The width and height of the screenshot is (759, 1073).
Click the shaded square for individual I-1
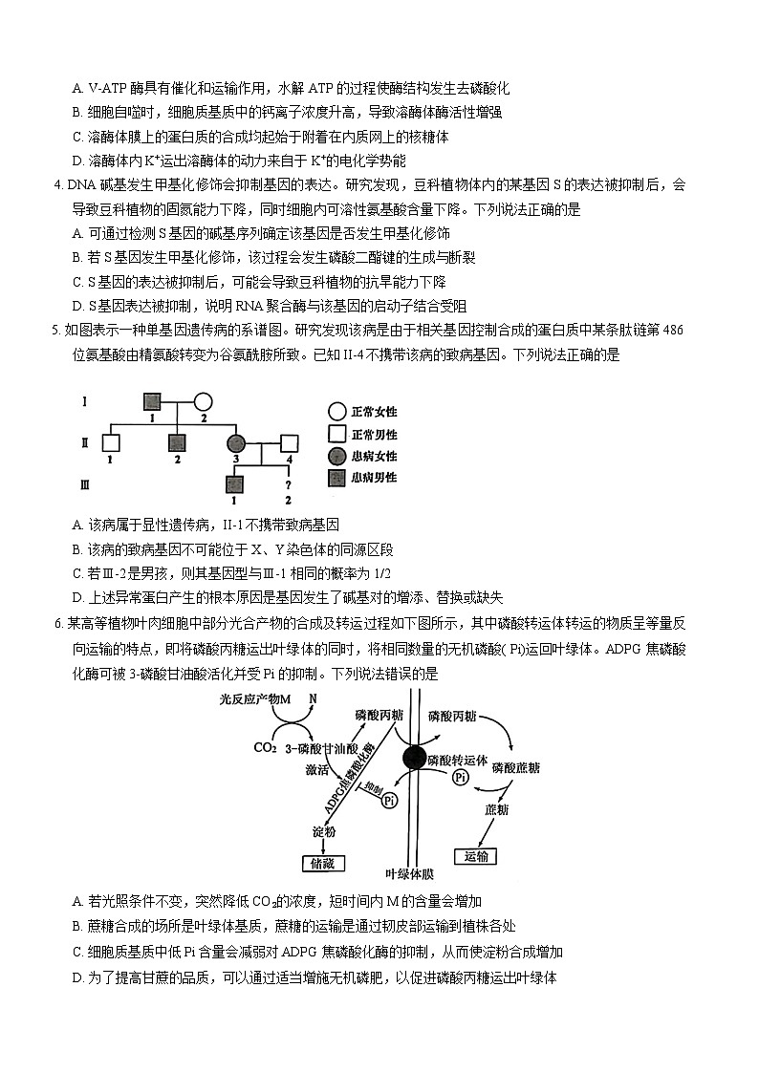tap(151, 401)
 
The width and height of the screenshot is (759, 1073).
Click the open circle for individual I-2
tap(203, 401)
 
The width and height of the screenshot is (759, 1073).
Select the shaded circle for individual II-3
tap(235, 442)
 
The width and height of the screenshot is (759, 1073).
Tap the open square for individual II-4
tap(289, 442)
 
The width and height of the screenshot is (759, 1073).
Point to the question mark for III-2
tap(288, 483)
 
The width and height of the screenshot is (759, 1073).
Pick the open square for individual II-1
tap(111, 442)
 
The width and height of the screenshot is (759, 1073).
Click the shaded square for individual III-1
tap(235, 483)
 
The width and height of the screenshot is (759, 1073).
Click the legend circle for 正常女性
tap(336, 412)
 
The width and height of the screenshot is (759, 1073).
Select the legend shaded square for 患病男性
tap(336, 477)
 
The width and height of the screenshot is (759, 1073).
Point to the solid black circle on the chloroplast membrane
tap(414, 758)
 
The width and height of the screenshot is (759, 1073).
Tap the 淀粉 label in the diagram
tap(323, 831)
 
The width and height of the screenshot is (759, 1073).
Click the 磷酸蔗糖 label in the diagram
tap(515, 766)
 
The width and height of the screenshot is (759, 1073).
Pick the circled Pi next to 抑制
tap(389, 801)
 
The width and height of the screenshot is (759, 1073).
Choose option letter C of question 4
tap(77, 282)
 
